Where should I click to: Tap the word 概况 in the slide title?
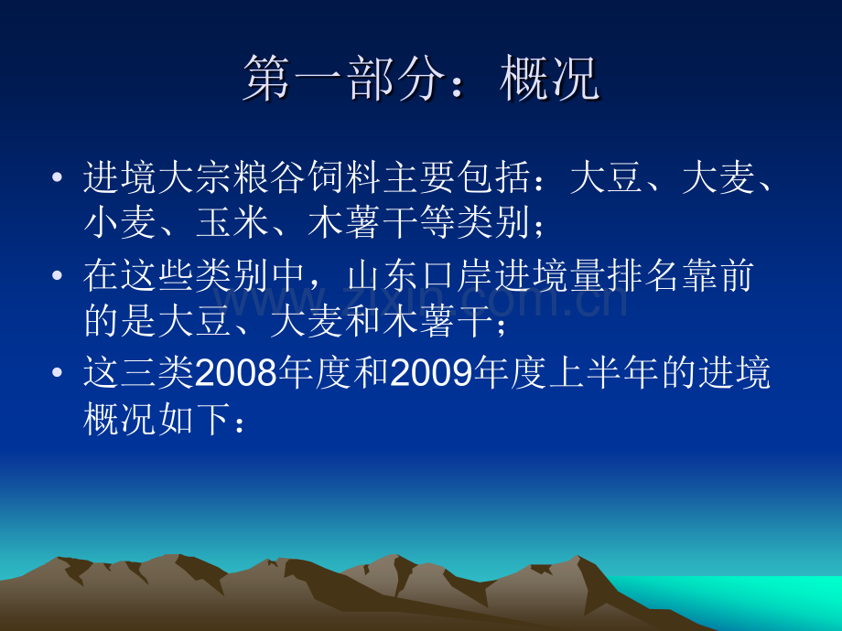(549, 80)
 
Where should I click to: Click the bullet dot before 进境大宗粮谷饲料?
(59, 176)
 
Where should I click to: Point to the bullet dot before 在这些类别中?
(59, 275)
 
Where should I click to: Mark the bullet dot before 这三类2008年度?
(59, 374)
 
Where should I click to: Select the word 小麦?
(112, 224)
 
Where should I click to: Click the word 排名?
(658, 275)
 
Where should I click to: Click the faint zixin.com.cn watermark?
(421, 300)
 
